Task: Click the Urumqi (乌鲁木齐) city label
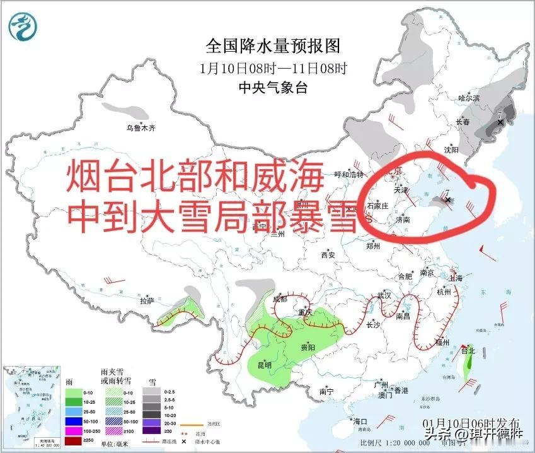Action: [140, 128]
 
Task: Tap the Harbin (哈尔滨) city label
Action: [469, 98]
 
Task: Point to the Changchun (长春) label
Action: [463, 122]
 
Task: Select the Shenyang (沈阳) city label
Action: [451, 150]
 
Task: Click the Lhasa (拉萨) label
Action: [147, 301]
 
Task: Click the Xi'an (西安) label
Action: [328, 255]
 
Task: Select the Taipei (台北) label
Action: [468, 350]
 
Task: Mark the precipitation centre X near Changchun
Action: [501, 122]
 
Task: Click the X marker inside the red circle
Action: [448, 200]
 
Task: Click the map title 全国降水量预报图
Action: [273, 46]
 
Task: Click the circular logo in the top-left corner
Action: [23, 26]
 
